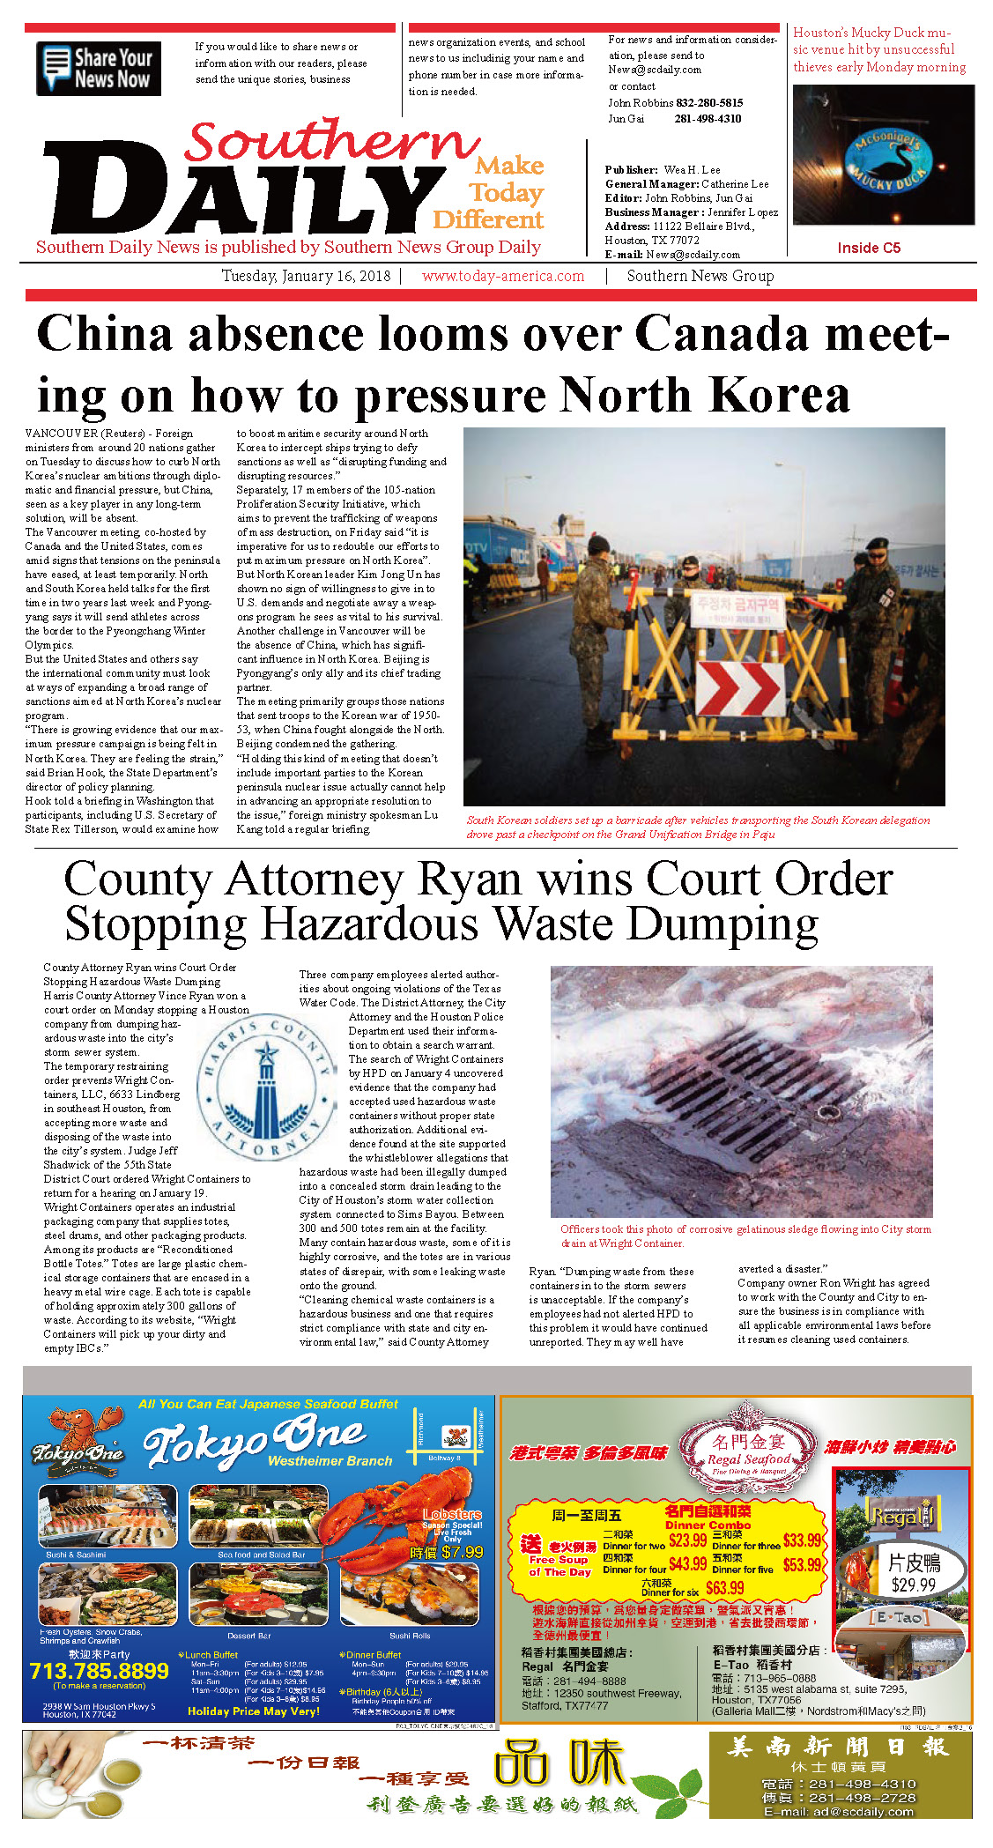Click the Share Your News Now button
coord(98,68)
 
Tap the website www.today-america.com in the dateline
coord(502,276)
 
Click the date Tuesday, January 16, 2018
coord(305,276)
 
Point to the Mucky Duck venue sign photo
coord(883,155)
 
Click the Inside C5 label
coord(868,248)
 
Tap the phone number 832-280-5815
coord(709,103)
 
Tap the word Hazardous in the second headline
coord(370,924)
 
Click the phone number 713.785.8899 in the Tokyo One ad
coord(99,1671)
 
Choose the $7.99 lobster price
coord(463,1552)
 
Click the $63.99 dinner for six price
coord(724,1588)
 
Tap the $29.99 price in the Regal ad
coord(913,1585)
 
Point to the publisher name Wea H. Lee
coord(692,169)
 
